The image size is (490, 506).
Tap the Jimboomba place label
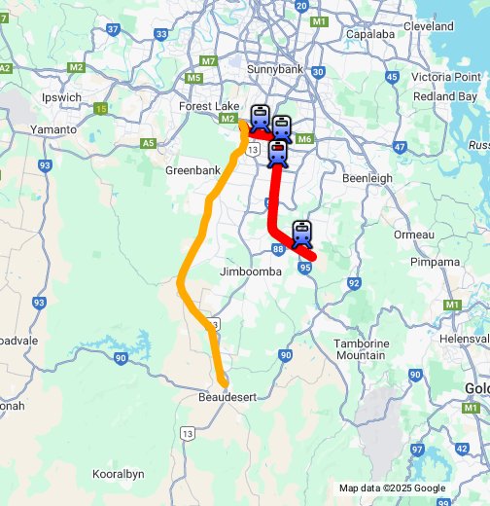tap(251, 271)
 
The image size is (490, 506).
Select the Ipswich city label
tap(62, 98)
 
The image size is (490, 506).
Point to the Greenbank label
tap(193, 169)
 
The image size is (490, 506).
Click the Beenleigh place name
tap(367, 179)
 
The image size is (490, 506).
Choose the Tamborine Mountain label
tap(361, 350)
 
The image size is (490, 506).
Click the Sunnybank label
tap(277, 70)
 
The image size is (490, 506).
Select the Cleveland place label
tap(429, 25)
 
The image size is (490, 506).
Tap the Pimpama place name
tap(434, 263)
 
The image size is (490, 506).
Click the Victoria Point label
tap(444, 76)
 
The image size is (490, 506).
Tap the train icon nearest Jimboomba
tap(302, 233)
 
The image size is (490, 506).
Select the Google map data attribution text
tap(392, 488)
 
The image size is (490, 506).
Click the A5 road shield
tap(148, 143)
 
